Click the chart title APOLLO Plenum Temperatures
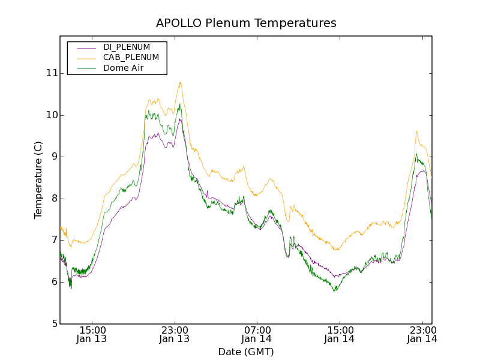(246, 23)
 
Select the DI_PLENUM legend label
(127, 47)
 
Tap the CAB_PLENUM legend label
(131, 58)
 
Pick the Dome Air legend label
(126, 68)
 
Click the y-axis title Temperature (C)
(38, 179)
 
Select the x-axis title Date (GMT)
(246, 352)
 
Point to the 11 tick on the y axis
(51, 73)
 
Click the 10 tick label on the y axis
(51, 115)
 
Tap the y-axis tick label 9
(54, 157)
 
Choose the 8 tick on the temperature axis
(54, 199)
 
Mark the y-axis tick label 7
(54, 240)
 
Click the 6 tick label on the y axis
(54, 282)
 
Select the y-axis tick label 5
(54, 324)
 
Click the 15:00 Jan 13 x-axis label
(92, 334)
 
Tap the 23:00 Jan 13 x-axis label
(175, 334)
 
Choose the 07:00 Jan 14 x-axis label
(257, 334)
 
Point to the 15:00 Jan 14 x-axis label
(340, 334)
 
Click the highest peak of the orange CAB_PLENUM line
(180, 82)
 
